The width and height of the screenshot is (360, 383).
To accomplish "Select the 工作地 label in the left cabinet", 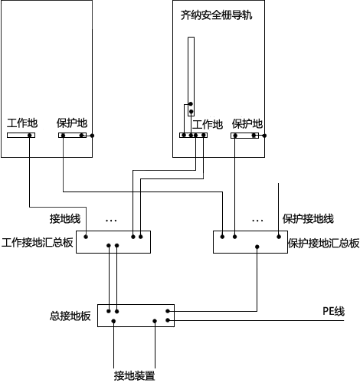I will [x=21, y=123].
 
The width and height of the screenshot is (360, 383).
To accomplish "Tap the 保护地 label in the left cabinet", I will [x=72, y=123].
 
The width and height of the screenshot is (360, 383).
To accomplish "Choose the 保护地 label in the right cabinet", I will [x=247, y=124].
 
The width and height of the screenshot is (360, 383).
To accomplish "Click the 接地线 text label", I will [x=65, y=218].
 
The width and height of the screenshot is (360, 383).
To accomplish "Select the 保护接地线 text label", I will [x=308, y=219].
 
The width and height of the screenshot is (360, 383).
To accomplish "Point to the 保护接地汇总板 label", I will [x=323, y=243].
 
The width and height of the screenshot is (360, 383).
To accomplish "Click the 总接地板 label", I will [x=70, y=316].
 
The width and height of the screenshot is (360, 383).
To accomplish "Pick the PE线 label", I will [x=332, y=310].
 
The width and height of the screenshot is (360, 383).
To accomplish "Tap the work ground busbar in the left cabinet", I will [x=21, y=136].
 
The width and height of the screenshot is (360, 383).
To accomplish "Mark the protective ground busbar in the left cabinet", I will [x=73, y=136].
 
